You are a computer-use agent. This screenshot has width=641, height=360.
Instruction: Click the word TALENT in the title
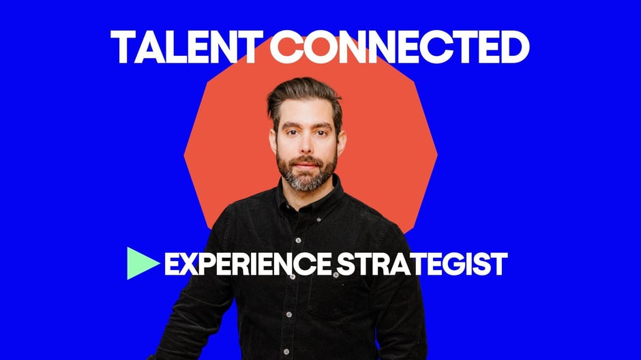[x=186, y=47]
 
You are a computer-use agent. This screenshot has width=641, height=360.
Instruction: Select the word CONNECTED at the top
[x=400, y=47]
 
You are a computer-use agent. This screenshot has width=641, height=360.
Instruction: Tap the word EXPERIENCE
[x=248, y=264]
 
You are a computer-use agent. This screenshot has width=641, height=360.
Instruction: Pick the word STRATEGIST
[x=422, y=264]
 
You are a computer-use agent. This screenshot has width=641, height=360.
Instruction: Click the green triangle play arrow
[x=142, y=263]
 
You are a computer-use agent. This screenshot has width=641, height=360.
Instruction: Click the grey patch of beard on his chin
[x=305, y=183]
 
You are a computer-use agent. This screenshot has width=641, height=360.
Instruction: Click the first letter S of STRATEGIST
[x=346, y=264]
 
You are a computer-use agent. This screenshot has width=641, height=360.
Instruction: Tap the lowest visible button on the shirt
[x=286, y=352]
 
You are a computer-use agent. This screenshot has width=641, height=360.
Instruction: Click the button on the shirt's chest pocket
[x=336, y=275]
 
